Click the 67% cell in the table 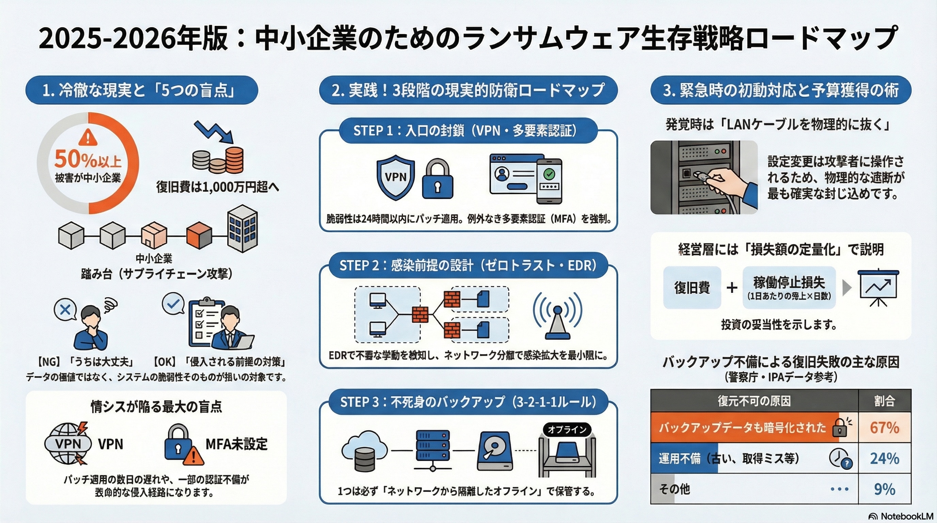point(884,427)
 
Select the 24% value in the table point(884,458)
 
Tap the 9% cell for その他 point(884,489)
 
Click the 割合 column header point(884,401)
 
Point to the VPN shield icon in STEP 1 point(395,177)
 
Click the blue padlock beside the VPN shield point(437,180)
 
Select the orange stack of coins point(234,160)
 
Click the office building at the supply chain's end point(242,228)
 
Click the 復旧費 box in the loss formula point(692,288)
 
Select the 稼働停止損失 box point(789,288)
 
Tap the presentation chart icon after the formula point(878,288)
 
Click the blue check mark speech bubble point(173,304)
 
